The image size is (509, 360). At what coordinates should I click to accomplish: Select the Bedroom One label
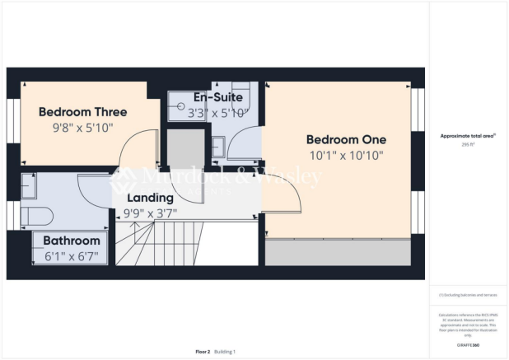click(x=346, y=139)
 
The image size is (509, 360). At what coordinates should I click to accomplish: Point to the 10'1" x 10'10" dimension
click(x=346, y=155)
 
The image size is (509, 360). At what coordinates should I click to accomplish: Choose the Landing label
click(x=150, y=198)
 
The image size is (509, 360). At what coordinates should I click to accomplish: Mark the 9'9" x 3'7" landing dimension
click(x=150, y=213)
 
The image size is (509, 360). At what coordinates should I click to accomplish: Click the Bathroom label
click(x=72, y=241)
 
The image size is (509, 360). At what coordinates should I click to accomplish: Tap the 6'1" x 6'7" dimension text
click(x=72, y=255)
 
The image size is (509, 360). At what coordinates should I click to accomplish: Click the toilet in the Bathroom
click(x=36, y=216)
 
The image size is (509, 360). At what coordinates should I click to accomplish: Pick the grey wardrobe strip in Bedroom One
click(x=337, y=253)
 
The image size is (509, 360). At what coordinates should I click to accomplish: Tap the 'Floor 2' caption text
click(x=203, y=351)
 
